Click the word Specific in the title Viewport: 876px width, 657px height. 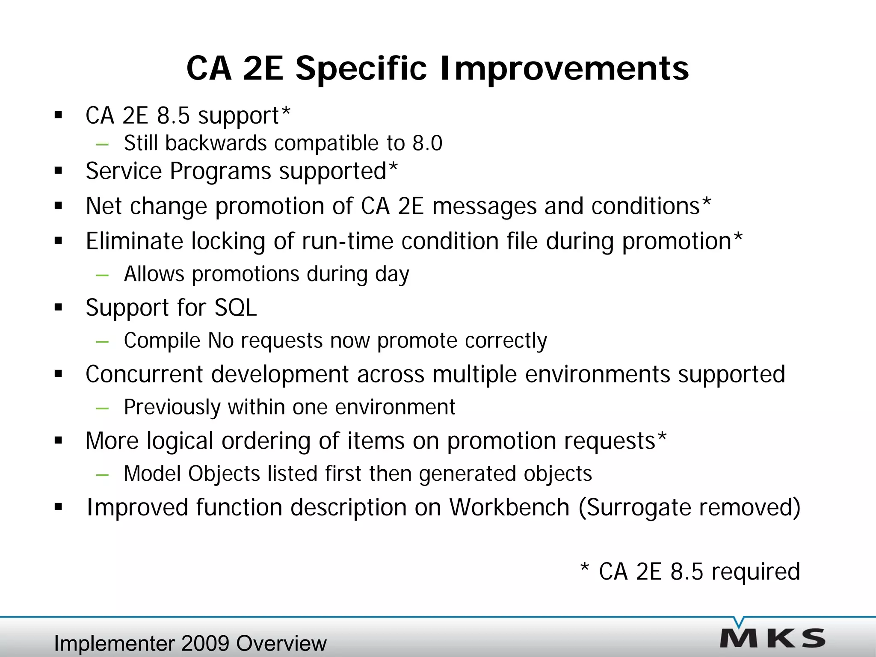coord(361,68)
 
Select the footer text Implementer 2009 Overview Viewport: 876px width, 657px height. coord(190,643)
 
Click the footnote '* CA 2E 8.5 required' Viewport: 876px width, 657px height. coord(690,571)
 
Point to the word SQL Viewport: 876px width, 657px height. coord(235,308)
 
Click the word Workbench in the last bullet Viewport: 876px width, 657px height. coord(509,507)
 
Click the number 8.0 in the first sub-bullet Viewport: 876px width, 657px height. coord(427,143)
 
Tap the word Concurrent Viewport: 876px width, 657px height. coord(144,374)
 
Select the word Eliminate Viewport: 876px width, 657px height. coord(134,241)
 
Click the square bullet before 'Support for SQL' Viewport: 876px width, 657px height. coord(59,308)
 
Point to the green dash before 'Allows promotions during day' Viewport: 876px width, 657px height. coord(103,275)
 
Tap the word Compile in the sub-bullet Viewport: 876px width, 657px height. coord(162,341)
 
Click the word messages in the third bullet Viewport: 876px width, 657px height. coord(484,207)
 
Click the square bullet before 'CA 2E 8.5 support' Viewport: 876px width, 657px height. coord(59,115)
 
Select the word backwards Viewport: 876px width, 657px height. coord(216,143)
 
